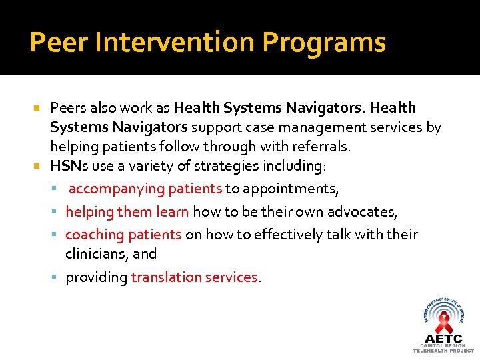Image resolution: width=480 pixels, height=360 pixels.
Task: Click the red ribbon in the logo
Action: [x=444, y=323]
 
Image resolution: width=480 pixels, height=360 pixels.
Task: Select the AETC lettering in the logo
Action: [x=444, y=339]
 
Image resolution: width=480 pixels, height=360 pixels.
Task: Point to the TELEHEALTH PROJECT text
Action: [x=444, y=351]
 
